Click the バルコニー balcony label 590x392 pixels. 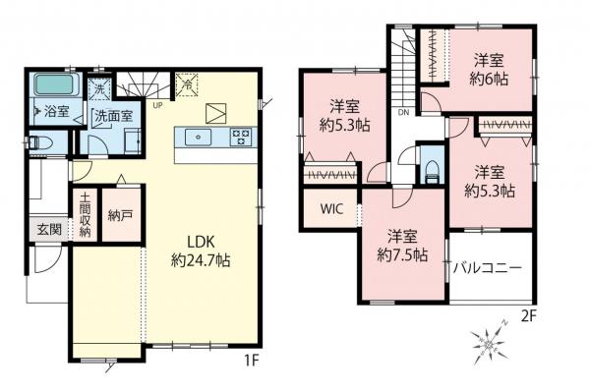[x=488, y=266]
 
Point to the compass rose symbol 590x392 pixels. [x=488, y=346]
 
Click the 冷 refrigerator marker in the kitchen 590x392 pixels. [x=185, y=84]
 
